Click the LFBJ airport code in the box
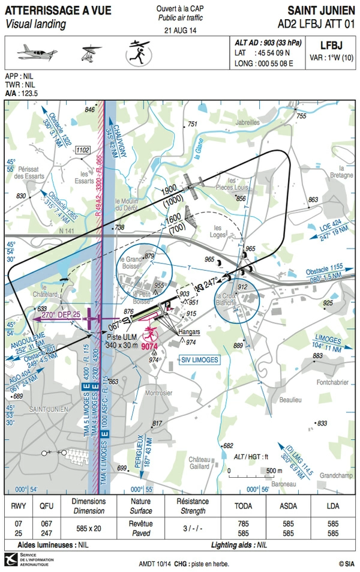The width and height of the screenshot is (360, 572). (330, 45)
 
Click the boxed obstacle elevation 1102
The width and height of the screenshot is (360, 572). (83, 150)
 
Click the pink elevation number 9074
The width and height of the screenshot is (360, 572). (151, 346)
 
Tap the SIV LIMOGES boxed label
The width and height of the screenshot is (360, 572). (200, 360)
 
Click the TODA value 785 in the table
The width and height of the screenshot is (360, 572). (244, 523)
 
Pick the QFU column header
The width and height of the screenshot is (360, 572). (46, 506)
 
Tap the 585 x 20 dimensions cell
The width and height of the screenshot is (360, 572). (88, 528)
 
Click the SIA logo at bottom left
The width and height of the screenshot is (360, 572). (13, 559)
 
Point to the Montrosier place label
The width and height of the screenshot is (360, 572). (158, 393)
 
